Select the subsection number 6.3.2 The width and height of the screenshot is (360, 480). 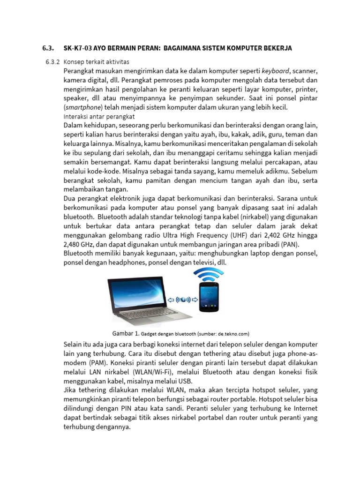click(53, 62)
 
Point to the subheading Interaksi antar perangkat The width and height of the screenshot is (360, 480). click(99, 116)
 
